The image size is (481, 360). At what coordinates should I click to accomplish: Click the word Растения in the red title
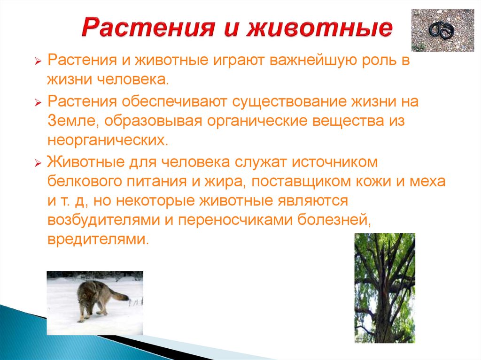145,29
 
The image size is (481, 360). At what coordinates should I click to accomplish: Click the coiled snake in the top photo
442,31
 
